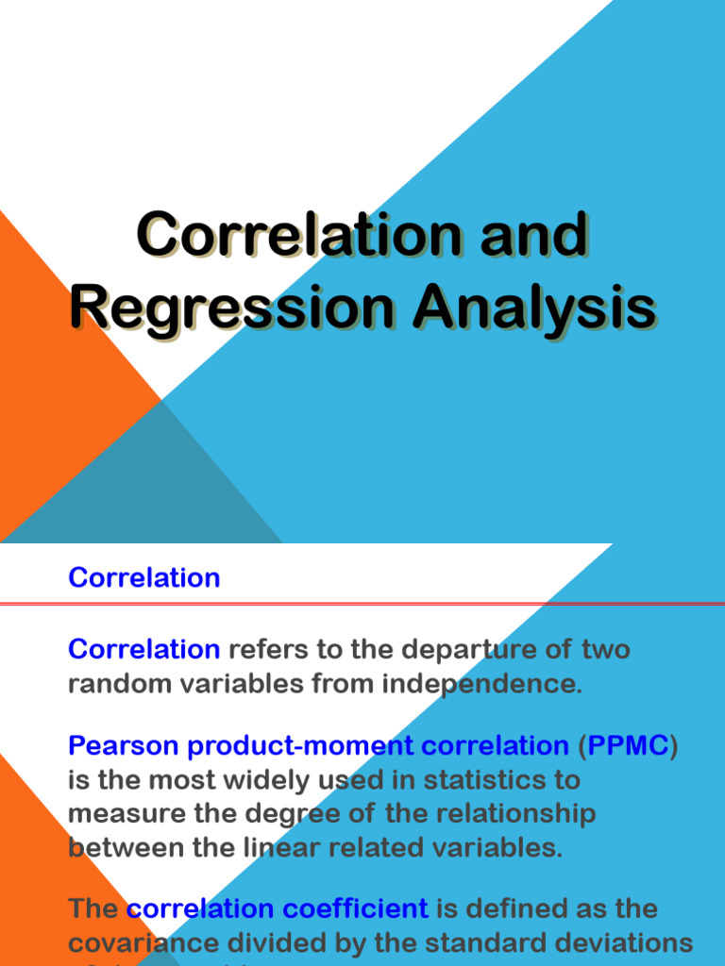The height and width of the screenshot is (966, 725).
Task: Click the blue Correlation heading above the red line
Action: point(143,577)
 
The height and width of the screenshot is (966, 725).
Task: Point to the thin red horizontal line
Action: point(378,604)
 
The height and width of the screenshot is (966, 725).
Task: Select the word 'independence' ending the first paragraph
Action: point(481,684)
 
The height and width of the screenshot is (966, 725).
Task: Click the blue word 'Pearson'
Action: point(124,746)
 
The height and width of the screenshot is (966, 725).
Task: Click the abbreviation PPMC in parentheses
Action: point(628,746)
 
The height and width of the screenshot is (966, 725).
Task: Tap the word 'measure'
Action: point(125,813)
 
